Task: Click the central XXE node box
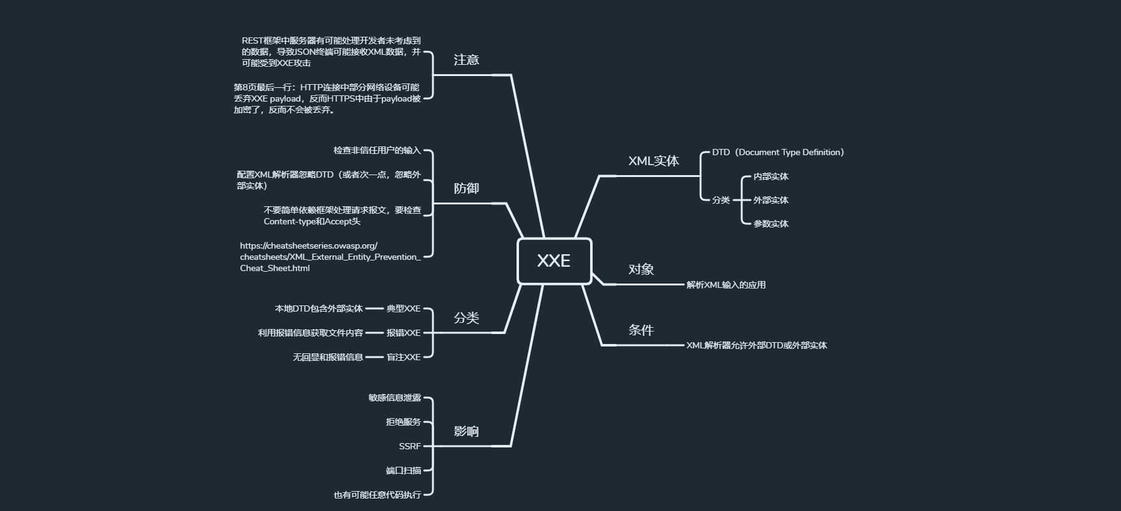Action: click(x=554, y=261)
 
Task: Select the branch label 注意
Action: click(x=466, y=60)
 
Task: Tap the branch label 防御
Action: click(x=466, y=188)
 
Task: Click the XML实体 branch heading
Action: click(x=653, y=161)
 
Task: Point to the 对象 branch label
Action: click(x=641, y=269)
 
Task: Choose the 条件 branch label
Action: click(x=641, y=330)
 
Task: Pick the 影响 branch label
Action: click(x=466, y=431)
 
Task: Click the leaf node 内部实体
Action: click(x=770, y=176)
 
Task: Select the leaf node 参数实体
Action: click(x=770, y=224)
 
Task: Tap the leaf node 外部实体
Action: click(x=770, y=200)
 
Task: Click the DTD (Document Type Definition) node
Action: click(x=778, y=152)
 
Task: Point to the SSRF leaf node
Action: click(x=410, y=446)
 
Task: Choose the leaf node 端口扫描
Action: click(x=403, y=470)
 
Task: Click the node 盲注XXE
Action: click(x=403, y=357)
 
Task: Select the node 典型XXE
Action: click(x=403, y=308)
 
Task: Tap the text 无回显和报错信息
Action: click(x=328, y=357)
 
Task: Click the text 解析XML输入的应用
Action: click(x=725, y=285)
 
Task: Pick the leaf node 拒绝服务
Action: click(x=403, y=422)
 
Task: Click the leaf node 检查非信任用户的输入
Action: click(x=377, y=150)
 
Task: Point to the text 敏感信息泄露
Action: click(x=394, y=398)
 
